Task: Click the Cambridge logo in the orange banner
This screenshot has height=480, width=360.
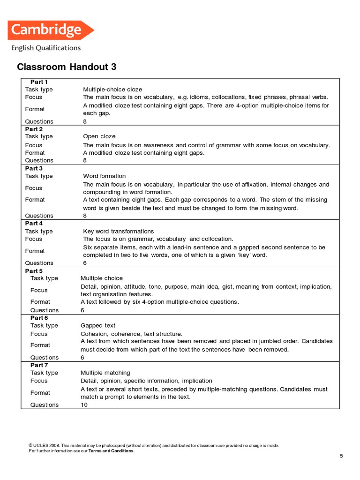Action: [x=51, y=30]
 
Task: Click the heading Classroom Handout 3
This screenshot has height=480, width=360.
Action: [x=67, y=67]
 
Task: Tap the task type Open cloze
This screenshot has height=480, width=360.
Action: [x=99, y=136]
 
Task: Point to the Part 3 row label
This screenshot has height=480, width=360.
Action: [x=34, y=168]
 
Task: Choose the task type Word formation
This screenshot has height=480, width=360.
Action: [x=105, y=176]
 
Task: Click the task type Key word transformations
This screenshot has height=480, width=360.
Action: [x=118, y=231]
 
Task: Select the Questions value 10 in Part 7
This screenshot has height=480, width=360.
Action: [x=84, y=405]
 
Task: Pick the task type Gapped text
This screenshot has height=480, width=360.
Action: [x=98, y=325]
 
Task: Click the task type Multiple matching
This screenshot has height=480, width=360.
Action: [x=105, y=373]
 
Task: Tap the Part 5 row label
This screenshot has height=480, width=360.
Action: [x=34, y=271]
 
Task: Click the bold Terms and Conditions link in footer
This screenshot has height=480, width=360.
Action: [x=111, y=451]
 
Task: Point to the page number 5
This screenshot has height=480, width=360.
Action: [x=341, y=456]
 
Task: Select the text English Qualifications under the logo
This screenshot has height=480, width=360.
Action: [x=45, y=48]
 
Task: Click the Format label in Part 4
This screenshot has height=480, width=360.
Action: [x=35, y=251]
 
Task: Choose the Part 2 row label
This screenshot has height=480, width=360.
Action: [x=34, y=129]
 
